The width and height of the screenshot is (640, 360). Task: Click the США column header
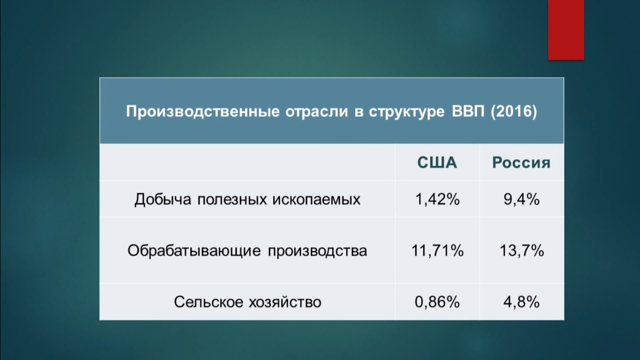click(x=437, y=163)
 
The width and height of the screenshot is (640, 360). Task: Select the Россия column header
click(x=521, y=163)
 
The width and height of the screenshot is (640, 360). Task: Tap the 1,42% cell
click(x=437, y=199)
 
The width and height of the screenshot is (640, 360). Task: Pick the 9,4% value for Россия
click(x=521, y=199)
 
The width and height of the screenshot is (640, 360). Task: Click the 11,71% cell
click(x=437, y=250)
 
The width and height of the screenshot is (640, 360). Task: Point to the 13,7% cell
click(x=521, y=250)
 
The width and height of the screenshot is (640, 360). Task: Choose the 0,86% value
click(x=437, y=302)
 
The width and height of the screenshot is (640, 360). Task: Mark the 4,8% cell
click(x=521, y=302)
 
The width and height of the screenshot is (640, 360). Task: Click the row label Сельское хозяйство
click(x=247, y=302)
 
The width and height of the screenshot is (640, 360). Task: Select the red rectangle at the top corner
click(x=566, y=30)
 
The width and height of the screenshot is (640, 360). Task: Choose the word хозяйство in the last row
click(x=285, y=302)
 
